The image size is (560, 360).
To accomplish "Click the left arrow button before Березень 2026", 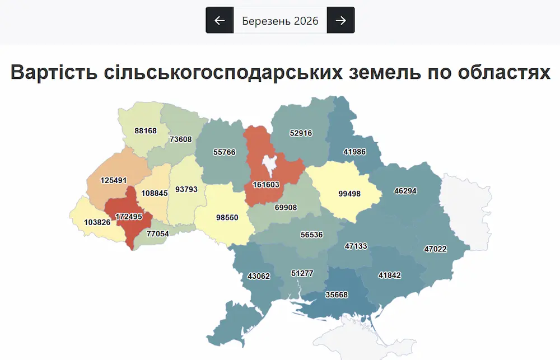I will pos(220,20).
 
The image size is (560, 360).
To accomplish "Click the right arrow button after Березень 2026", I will pos(340,20).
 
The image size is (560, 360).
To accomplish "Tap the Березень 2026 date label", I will pos(280,21).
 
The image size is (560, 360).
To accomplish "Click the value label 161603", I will pos(267,184).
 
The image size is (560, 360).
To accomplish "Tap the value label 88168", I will pos(146,130).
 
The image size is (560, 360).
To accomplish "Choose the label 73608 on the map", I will pos(180,139).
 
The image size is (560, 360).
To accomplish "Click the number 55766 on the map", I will pos(225,152).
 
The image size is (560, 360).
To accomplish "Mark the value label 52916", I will pos(301,133).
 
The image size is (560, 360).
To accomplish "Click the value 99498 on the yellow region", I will pos(349,194).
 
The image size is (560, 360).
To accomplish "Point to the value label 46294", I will pos(405,190).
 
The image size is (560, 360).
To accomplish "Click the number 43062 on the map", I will pos(259,276).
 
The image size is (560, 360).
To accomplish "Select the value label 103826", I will pos(97,222).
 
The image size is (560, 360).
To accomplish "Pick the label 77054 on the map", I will pos(157,233).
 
